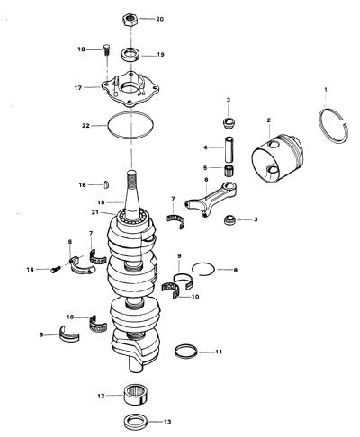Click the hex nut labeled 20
(x=130, y=20)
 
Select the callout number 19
(x=160, y=55)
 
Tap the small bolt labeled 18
(x=107, y=49)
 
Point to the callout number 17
(x=78, y=88)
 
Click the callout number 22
(x=85, y=126)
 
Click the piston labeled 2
(x=278, y=158)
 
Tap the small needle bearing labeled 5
(x=229, y=170)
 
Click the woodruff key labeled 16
(x=106, y=184)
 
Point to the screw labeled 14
(x=56, y=270)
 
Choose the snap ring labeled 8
(x=203, y=269)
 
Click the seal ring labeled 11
(x=186, y=351)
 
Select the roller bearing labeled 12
(x=136, y=395)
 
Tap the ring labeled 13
(x=136, y=422)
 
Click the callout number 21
(x=95, y=212)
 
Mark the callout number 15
(x=101, y=202)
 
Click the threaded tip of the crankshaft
(x=131, y=179)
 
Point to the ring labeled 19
(x=131, y=55)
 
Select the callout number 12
(x=101, y=396)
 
